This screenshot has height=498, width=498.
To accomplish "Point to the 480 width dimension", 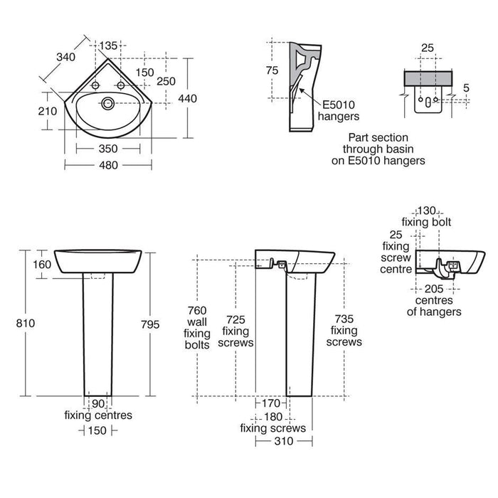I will (107, 165).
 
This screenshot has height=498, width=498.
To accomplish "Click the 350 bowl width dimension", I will (107, 149).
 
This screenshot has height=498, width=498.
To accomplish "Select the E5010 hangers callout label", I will (339, 110).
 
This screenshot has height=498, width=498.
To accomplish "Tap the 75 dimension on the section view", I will (271, 69).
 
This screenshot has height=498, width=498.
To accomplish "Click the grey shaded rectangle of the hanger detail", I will (426, 78).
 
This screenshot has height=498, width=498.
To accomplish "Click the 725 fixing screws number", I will (237, 310).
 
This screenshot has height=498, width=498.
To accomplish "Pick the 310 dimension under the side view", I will (284, 441).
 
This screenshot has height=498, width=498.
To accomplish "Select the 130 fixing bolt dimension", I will (428, 211).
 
